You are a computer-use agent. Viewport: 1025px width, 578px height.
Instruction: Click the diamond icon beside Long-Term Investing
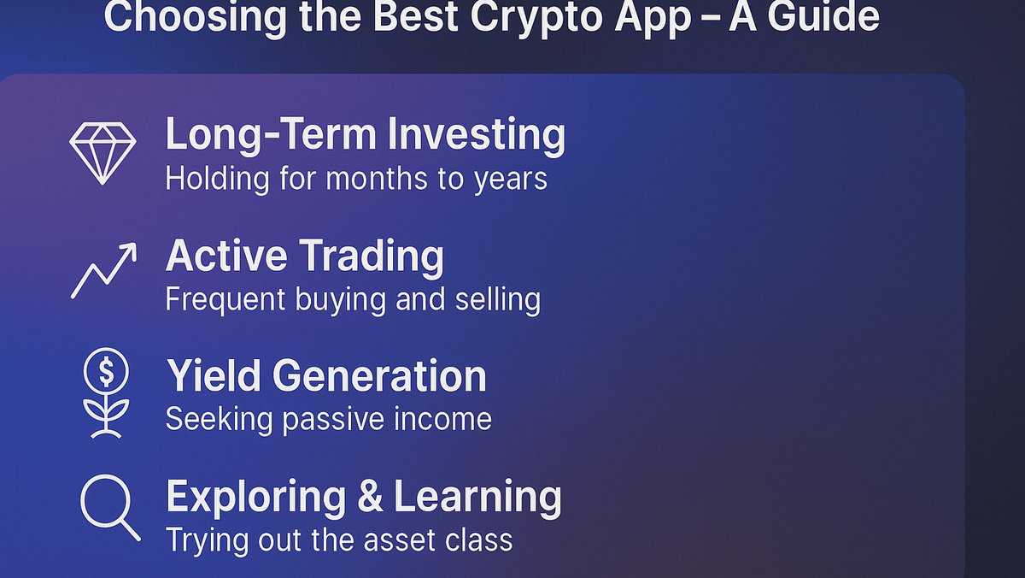click(x=102, y=152)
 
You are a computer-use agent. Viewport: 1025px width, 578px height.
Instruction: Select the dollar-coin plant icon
click(x=105, y=394)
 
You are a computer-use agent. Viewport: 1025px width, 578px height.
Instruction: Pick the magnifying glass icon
click(x=109, y=507)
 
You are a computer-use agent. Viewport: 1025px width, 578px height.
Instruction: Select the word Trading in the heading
click(x=372, y=256)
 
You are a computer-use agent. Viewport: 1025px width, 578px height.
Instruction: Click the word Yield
click(x=208, y=376)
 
